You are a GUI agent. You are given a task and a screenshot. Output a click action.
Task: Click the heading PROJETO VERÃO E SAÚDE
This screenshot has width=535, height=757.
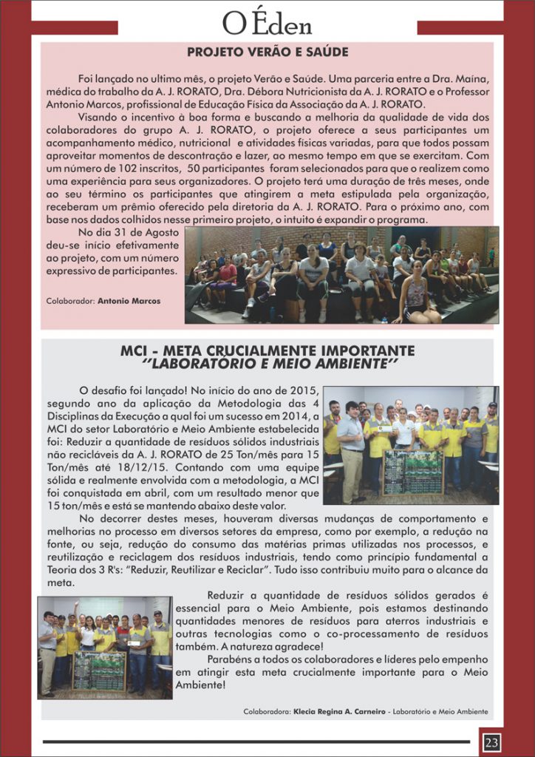(x=267, y=52)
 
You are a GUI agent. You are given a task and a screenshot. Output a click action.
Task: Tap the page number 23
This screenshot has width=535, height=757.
(x=491, y=741)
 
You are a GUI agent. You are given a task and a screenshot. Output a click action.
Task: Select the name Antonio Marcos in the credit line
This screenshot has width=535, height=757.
(x=129, y=302)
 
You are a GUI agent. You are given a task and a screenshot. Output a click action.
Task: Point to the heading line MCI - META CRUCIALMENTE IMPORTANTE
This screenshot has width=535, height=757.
(x=267, y=350)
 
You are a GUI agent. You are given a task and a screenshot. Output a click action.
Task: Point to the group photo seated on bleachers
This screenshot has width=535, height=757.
(x=341, y=275)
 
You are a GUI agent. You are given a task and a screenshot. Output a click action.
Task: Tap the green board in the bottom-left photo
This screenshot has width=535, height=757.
(x=99, y=670)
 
